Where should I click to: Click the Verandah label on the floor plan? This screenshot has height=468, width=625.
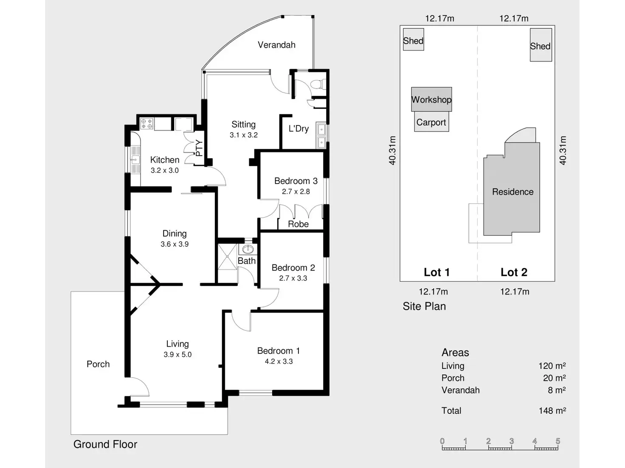pos(276,45)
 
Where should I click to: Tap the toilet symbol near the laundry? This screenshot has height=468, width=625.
pos(317,85)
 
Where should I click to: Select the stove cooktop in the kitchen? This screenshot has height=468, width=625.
pos(147,124)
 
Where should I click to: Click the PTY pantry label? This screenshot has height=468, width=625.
pos(199,148)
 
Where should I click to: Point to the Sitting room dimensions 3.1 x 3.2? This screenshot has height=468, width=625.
pos(244,135)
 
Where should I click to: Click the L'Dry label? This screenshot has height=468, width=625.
pos(298,128)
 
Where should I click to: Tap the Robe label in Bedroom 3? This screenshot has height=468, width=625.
pos(298,224)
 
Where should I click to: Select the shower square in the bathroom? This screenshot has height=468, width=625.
pos(227,256)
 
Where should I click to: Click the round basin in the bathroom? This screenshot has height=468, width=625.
pos(248,249)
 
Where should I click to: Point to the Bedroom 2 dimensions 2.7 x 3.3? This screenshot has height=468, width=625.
pos(293,279)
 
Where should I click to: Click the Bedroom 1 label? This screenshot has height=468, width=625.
pos(279,351)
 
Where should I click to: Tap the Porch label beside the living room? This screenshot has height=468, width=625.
pos(98,364)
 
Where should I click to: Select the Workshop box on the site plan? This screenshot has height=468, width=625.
pos(431,100)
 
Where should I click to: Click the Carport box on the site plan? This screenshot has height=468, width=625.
pos(431,122)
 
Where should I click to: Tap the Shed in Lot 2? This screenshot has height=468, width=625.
pos(541,45)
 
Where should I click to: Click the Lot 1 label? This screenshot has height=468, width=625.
pos(436,272)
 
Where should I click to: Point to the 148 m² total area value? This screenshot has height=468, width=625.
pos(552,410)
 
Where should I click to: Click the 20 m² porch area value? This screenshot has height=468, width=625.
pos(554,378)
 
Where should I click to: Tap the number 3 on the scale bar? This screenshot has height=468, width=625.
pos(512,441)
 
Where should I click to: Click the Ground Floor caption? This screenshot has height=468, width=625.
pos(105,444)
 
